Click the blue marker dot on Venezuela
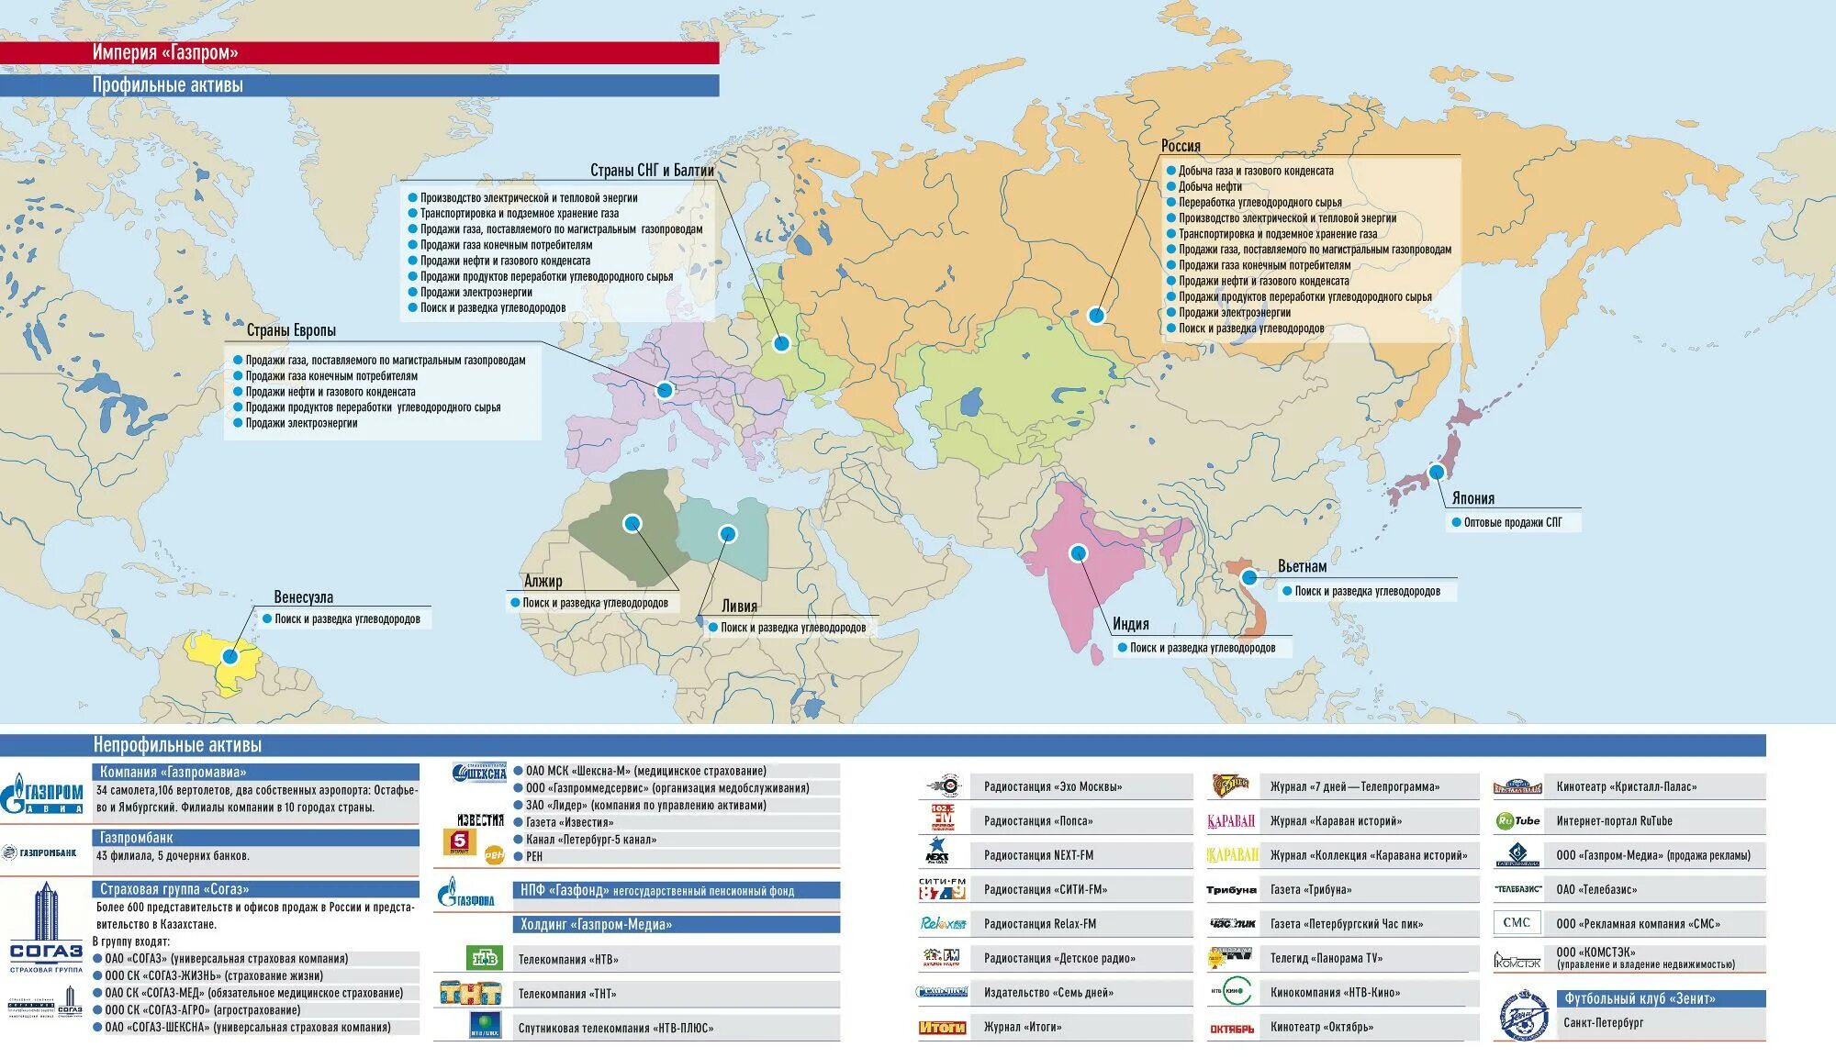coord(230,656)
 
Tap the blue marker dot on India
coord(1079,552)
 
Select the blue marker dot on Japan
coord(1437,472)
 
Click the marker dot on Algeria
coord(632,523)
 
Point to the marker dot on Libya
coord(727,533)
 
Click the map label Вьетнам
coord(1302,566)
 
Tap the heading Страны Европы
coord(291,330)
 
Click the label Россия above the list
coord(1181,146)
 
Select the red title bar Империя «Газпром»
coord(359,52)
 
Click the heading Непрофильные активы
coord(177,745)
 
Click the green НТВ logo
coord(484,959)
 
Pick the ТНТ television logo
coord(470,993)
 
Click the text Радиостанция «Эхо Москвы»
coord(1052,786)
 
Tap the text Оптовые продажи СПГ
coord(1512,522)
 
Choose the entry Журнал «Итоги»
coord(1022,1027)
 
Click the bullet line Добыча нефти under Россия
coord(1210,186)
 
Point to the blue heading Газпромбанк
coord(136,838)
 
